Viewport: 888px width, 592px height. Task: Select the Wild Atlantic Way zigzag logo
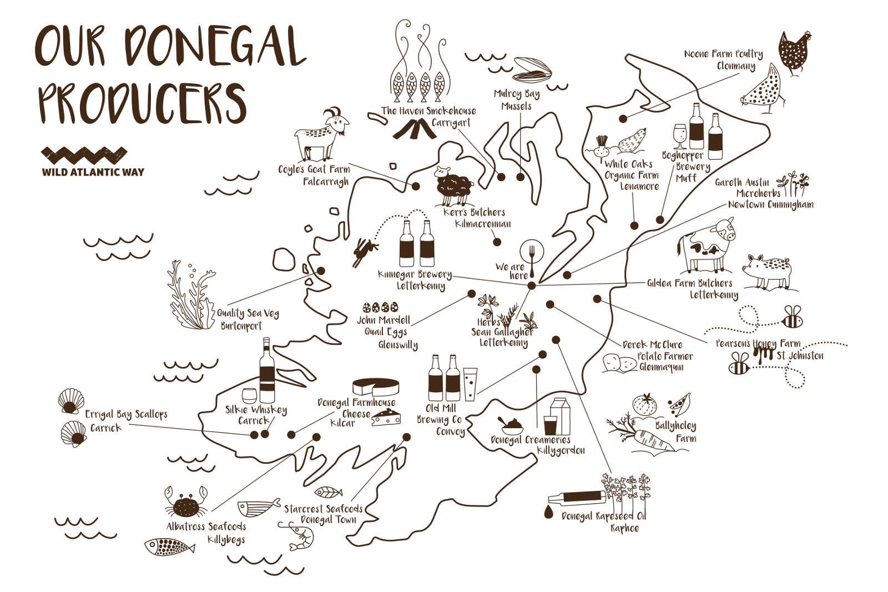click(x=84, y=155)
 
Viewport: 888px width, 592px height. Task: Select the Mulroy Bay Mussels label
click(x=517, y=100)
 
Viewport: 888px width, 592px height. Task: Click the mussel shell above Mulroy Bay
click(x=532, y=69)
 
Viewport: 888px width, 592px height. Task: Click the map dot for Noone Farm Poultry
click(x=623, y=118)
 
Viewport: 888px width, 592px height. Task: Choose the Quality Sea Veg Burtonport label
click(x=248, y=319)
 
